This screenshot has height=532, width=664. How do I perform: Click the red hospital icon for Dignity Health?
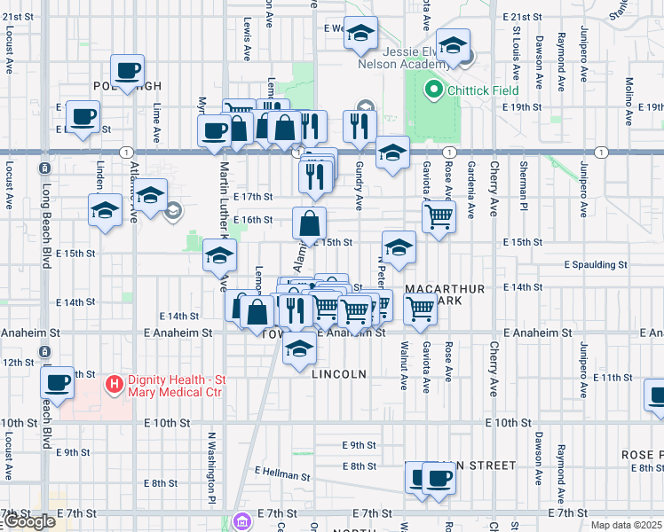point(114,384)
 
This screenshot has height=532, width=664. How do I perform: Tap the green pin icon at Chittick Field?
point(433,90)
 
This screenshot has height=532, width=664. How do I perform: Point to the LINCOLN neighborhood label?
point(339,374)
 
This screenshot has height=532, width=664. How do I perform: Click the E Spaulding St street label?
point(596,264)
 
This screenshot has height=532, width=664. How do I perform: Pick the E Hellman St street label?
point(282,474)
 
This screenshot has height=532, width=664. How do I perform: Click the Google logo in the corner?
point(28,521)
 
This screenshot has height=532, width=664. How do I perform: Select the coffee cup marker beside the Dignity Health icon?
point(59,383)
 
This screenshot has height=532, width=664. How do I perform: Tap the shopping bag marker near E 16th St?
point(309,223)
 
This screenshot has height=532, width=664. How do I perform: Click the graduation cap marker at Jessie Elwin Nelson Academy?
point(453,45)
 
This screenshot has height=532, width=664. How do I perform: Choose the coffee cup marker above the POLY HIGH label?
point(127,70)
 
